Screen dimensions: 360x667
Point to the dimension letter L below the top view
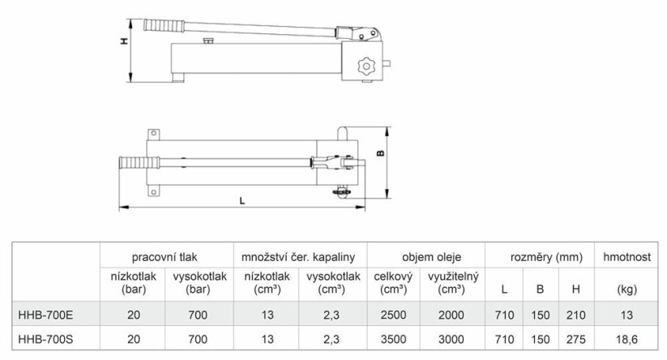(x=242, y=201)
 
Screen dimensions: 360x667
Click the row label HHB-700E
(x=45, y=312)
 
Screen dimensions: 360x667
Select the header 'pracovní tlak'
(x=165, y=256)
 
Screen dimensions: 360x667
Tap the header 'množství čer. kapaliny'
(x=299, y=256)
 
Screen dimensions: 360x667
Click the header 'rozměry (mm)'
(x=539, y=256)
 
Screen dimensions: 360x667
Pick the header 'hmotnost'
(x=626, y=256)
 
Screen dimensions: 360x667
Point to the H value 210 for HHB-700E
(x=575, y=312)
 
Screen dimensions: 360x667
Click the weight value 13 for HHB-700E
(x=626, y=312)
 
